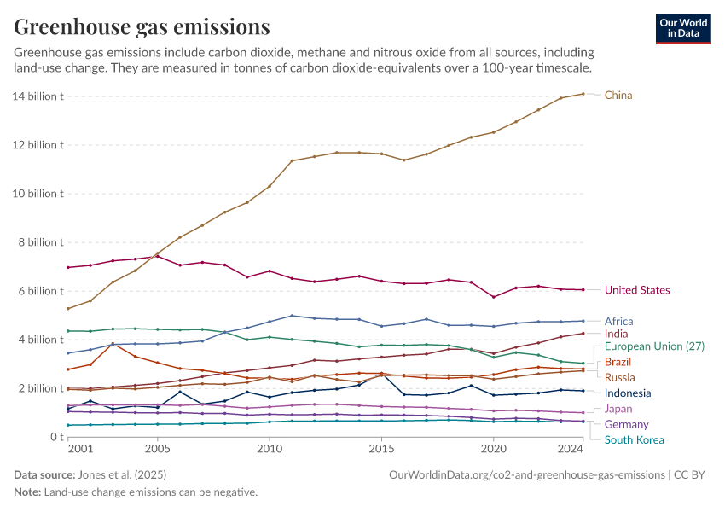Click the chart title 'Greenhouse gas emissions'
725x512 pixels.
tap(142, 26)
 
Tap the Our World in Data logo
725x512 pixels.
tap(682, 28)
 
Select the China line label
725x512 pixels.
tap(618, 96)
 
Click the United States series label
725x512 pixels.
tap(636, 290)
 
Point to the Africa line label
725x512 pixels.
tap(618, 322)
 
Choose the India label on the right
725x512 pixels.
tap(616, 335)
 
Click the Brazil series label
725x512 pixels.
tap(618, 363)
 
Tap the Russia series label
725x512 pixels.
tap(619, 377)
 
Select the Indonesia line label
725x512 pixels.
tap(628, 393)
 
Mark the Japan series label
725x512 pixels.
tap(618, 409)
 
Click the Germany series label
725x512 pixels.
tap(626, 424)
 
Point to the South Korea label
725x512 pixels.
tap(635, 440)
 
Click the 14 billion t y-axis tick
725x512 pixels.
tap(38, 96)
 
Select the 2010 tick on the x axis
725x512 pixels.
tap(270, 448)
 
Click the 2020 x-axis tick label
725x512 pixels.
tap(493, 448)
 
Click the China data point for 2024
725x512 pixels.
tap(583, 94)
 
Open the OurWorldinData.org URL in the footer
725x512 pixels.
tap(526, 474)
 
